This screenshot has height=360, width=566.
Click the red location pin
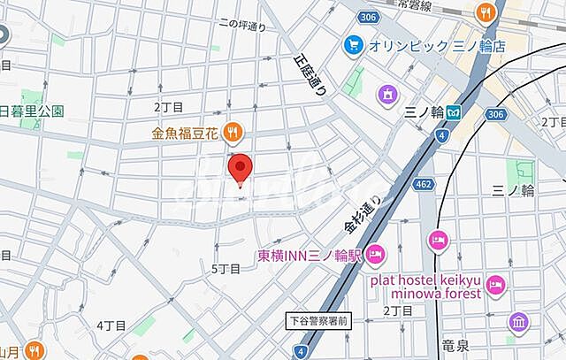[240, 167]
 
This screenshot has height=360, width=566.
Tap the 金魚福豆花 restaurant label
[185, 133]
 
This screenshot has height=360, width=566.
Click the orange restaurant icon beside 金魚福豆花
[233, 133]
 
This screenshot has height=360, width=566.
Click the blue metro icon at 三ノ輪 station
[453, 113]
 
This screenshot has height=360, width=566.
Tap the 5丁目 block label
[226, 268]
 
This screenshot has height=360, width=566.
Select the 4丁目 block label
[111, 326]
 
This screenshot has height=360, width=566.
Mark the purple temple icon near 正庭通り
[387, 93]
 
